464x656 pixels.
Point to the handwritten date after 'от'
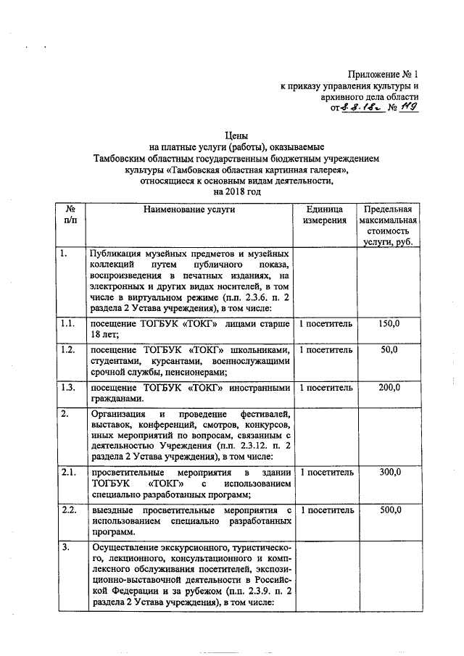[356, 109]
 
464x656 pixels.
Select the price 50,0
[389, 350]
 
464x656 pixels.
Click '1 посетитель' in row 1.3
[326, 387]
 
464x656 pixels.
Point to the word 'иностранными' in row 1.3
[259, 387]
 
